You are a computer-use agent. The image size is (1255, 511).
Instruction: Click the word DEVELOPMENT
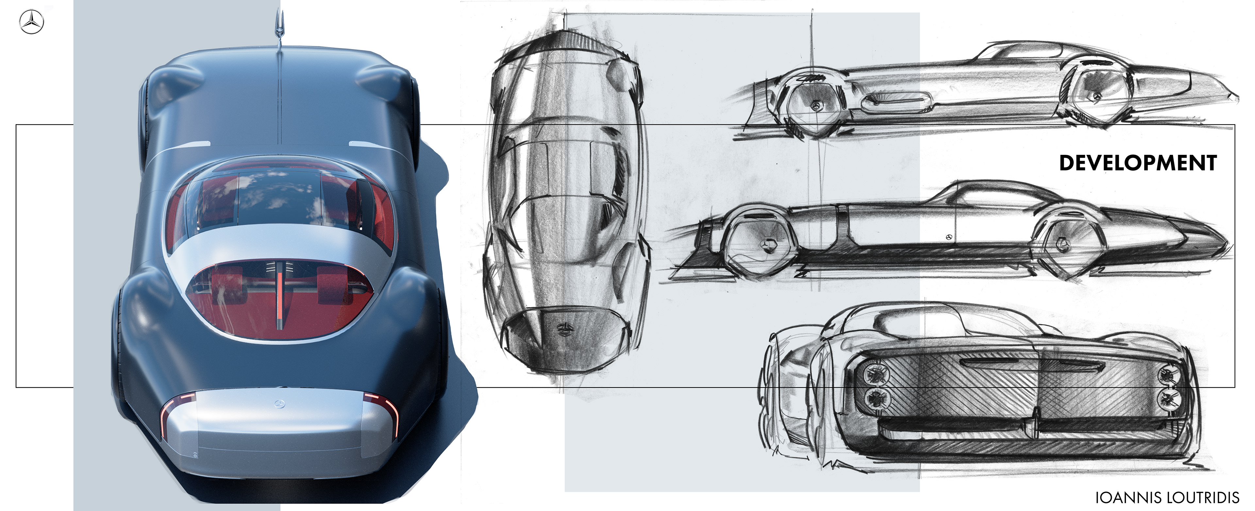click(x=1138, y=163)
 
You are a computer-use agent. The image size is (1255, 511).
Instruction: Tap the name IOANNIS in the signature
click(x=1128, y=497)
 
